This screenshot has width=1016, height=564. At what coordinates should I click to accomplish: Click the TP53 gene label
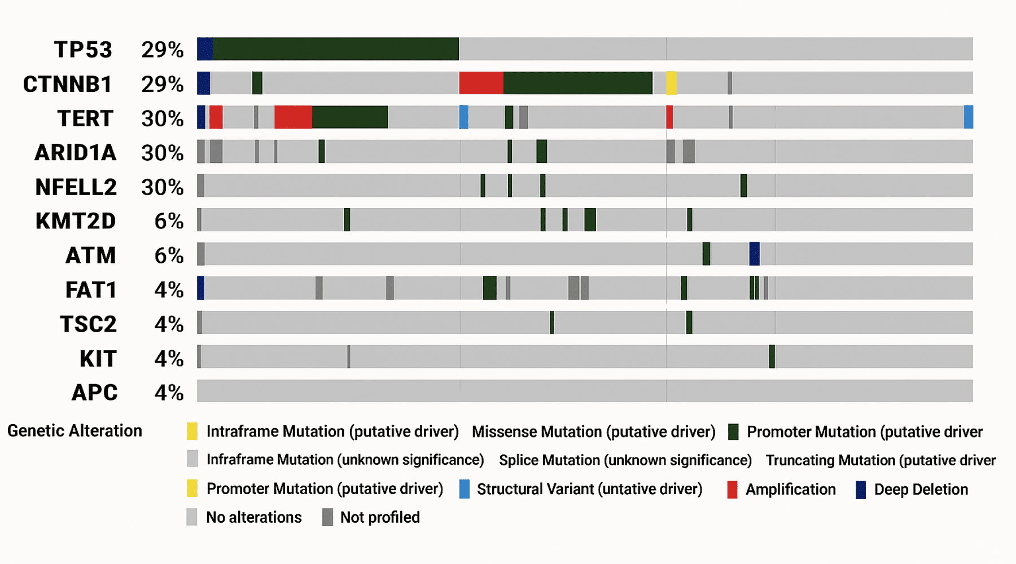click(83, 50)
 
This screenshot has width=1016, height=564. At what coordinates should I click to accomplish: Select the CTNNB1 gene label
click(67, 84)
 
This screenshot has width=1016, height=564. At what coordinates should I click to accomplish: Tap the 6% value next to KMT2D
click(169, 221)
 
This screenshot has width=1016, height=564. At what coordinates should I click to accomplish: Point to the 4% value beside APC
click(169, 393)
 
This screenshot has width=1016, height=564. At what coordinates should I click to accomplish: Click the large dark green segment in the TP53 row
click(336, 49)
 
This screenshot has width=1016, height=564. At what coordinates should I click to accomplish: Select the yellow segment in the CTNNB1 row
click(672, 83)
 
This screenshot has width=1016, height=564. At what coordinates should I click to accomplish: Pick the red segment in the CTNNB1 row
click(481, 83)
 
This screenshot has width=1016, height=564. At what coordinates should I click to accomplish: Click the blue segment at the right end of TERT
click(968, 117)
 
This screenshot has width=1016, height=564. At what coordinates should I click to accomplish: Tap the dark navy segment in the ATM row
click(754, 254)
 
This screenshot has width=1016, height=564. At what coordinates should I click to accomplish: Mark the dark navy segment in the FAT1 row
click(200, 288)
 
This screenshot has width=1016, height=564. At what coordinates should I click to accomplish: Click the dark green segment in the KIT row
click(772, 357)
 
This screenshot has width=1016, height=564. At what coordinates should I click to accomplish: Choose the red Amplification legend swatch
click(732, 490)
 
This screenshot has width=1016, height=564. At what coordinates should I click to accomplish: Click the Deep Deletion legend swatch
click(861, 490)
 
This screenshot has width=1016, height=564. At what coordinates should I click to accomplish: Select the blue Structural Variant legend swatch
click(464, 489)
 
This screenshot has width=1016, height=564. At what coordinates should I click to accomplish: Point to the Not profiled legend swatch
click(327, 517)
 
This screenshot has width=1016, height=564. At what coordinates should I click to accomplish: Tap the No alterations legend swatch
click(192, 517)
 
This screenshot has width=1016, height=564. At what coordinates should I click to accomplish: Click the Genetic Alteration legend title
click(75, 431)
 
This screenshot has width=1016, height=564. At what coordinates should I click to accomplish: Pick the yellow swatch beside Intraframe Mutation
click(192, 431)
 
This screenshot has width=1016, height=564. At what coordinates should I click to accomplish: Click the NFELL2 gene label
click(76, 187)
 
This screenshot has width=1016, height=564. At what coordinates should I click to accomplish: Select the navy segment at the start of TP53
click(205, 49)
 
